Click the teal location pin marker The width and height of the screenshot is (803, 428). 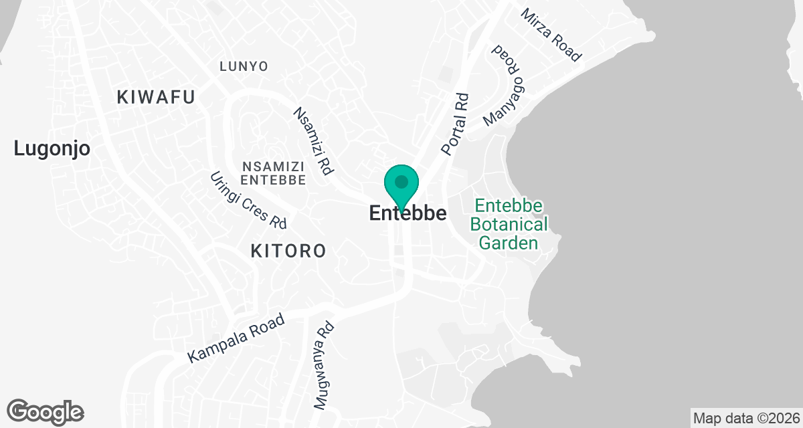[401, 184]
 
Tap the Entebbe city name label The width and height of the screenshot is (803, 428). [408, 213]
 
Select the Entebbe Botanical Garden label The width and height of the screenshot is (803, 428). [509, 224]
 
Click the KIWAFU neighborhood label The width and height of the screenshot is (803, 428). [156, 97]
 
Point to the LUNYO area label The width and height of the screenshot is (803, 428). [244, 66]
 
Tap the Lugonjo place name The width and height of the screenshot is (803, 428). [52, 149]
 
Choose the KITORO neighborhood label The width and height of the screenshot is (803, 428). [288, 251]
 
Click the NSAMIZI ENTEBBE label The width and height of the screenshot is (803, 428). [273, 173]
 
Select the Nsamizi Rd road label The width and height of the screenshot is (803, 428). [313, 141]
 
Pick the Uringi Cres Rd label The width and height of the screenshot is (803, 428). [248, 199]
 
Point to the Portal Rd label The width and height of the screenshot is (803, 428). [455, 124]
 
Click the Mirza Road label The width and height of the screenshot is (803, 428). [551, 35]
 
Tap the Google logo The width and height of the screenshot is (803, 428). [45, 411]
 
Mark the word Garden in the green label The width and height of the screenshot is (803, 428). [509, 243]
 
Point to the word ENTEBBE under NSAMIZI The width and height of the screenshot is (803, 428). [273, 181]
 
